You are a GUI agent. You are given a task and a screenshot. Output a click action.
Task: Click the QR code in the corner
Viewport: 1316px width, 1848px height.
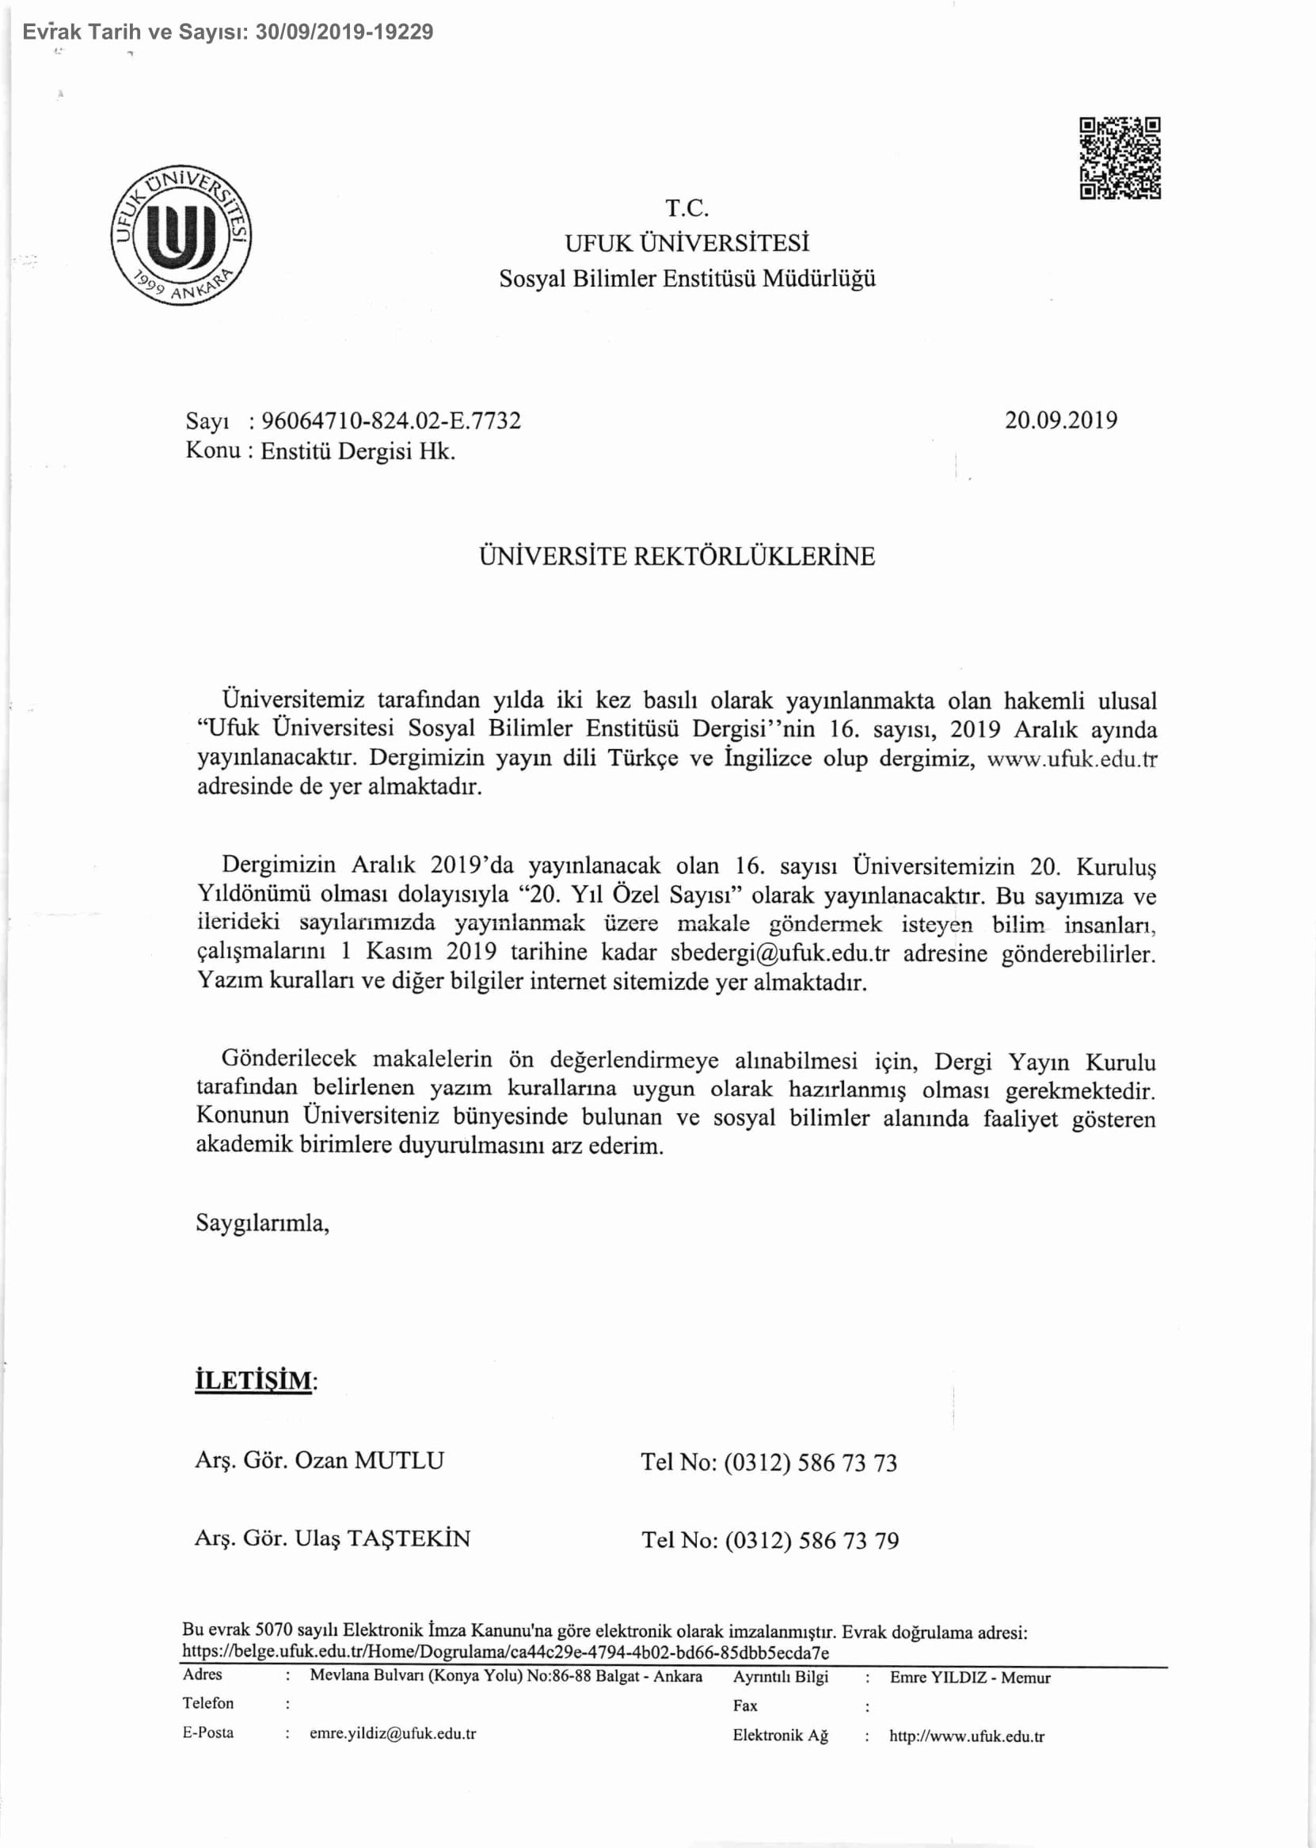pos(1120,158)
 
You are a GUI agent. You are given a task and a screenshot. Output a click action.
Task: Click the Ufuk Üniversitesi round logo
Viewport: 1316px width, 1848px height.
pos(181,237)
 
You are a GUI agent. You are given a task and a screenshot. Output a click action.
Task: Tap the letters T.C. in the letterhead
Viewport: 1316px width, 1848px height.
pos(687,209)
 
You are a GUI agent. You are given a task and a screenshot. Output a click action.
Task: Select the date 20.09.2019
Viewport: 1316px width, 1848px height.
pos(1061,420)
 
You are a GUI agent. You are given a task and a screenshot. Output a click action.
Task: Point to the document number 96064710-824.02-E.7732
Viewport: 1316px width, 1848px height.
pos(390,421)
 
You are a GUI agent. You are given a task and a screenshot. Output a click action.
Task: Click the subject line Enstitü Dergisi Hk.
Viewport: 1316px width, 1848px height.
pos(357,451)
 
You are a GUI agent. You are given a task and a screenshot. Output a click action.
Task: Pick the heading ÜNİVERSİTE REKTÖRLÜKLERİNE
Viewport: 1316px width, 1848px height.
pos(677,557)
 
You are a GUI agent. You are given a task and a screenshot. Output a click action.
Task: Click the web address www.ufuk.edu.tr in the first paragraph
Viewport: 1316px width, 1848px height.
pos(1071,759)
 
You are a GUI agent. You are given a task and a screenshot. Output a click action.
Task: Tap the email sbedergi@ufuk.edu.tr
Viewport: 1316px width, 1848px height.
pos(780,953)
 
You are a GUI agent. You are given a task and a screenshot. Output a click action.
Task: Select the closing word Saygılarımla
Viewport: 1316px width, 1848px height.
pos(263,1222)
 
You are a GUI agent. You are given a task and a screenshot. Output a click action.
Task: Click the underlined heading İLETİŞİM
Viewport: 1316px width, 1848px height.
pos(253,1380)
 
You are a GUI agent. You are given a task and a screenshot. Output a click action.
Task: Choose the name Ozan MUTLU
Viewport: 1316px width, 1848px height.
pos(370,1461)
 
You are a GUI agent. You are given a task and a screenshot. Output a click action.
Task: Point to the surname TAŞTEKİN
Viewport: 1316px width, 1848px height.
pos(409,1538)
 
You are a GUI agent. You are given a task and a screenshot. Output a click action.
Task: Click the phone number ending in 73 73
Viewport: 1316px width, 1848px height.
pos(810,1462)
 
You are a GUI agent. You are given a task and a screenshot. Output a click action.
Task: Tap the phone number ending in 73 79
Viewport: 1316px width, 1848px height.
pos(811,1540)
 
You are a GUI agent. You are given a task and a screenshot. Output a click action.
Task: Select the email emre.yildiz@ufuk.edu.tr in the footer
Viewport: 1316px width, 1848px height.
pos(392,1734)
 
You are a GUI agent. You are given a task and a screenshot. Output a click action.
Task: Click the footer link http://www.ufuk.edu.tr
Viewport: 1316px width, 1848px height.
pos(967,1736)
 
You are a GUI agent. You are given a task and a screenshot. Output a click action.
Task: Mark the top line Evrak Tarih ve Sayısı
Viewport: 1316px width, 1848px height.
pos(228,32)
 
